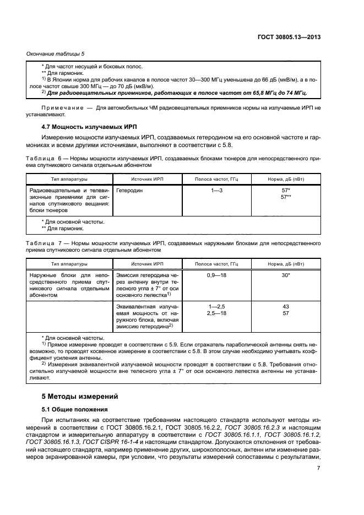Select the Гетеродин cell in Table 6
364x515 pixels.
click(x=128, y=189)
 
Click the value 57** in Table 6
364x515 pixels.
click(x=285, y=196)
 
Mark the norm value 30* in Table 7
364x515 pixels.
click(x=285, y=274)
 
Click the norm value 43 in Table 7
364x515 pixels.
click(x=285, y=306)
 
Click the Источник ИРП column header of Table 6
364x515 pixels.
click(x=147, y=179)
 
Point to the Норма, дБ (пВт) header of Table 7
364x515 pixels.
click(x=285, y=264)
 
